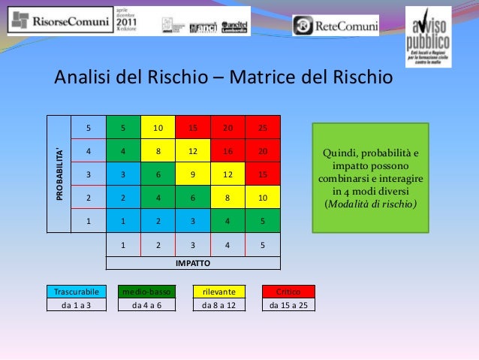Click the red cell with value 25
click(263, 128)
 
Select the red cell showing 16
click(227, 151)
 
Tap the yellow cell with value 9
click(193, 174)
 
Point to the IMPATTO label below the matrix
click(193, 263)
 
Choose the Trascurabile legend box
click(73, 291)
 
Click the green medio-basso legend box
click(147, 291)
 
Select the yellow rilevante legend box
click(218, 291)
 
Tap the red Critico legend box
click(288, 291)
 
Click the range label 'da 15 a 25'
click(288, 305)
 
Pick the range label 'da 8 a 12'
click(218, 305)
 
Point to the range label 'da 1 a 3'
click(73, 305)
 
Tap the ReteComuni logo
click(336, 25)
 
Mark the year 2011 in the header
click(126, 23)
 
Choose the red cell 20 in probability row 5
click(227, 128)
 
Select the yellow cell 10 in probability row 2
click(263, 198)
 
